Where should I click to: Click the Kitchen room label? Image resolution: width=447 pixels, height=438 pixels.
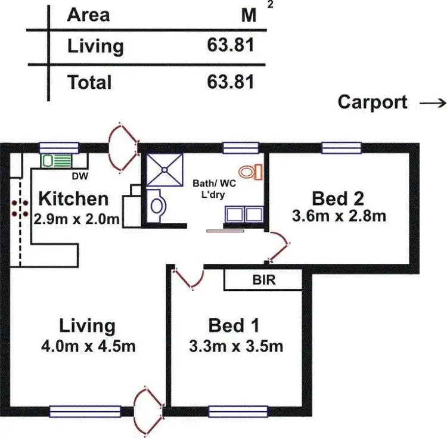click(x=73, y=198)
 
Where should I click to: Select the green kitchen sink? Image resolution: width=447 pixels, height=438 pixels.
click(x=56, y=160)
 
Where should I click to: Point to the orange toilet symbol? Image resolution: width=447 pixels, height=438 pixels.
click(x=254, y=172)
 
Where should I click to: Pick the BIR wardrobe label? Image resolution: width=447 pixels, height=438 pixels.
click(x=264, y=279)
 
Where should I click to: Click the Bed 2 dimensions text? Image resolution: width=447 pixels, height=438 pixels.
click(x=339, y=216)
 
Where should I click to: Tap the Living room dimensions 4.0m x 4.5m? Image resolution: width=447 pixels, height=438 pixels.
click(x=86, y=346)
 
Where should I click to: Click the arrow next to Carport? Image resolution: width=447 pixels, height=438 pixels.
click(x=432, y=102)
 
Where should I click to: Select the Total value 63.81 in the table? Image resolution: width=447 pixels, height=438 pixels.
click(x=230, y=81)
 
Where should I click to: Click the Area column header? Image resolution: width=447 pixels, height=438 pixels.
click(x=88, y=15)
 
